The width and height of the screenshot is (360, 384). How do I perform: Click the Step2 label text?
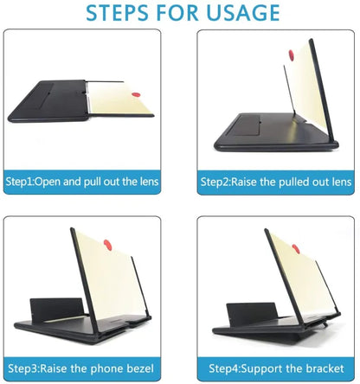(x=220, y=182)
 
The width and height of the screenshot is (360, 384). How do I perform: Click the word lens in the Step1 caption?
(x=147, y=182)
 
